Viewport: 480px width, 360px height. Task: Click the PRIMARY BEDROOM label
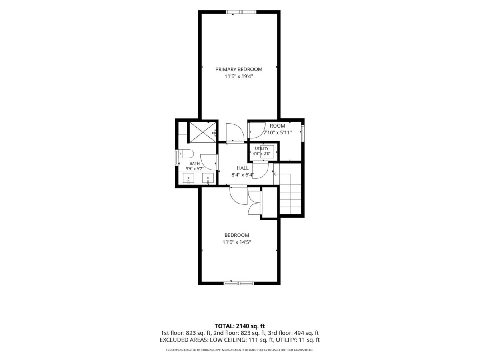[x=239, y=70]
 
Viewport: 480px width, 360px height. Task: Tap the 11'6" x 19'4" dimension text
[x=239, y=76]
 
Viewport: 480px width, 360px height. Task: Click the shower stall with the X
[x=202, y=132]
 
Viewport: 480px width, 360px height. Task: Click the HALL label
[x=243, y=168]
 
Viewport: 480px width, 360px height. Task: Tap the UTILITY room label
[x=262, y=149]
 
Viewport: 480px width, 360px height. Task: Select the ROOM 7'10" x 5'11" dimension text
[x=278, y=132]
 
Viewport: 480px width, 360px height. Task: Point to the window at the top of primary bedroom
[x=241, y=12]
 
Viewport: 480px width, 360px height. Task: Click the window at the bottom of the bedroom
[x=239, y=284]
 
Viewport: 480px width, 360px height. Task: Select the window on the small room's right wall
[x=303, y=133]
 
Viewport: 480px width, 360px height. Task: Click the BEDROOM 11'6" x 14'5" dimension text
[x=237, y=242]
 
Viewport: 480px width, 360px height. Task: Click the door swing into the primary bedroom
[x=235, y=133]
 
